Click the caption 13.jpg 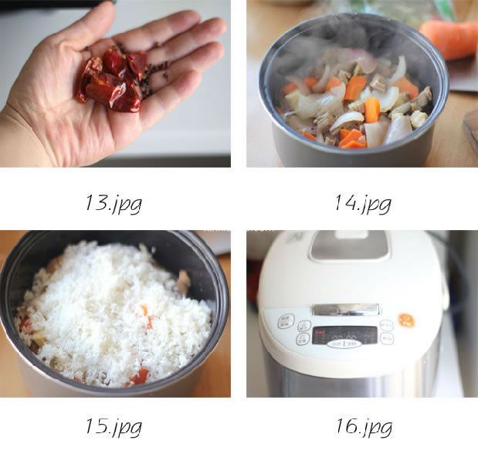tap(114, 203)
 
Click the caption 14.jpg tap(362, 203)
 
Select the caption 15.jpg tap(114, 425)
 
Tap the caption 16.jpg tap(362, 425)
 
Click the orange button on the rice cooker tap(405, 320)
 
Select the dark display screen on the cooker tap(344, 334)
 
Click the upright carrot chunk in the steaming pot tap(372, 109)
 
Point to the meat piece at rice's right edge tap(182, 283)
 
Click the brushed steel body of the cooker tap(347, 378)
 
